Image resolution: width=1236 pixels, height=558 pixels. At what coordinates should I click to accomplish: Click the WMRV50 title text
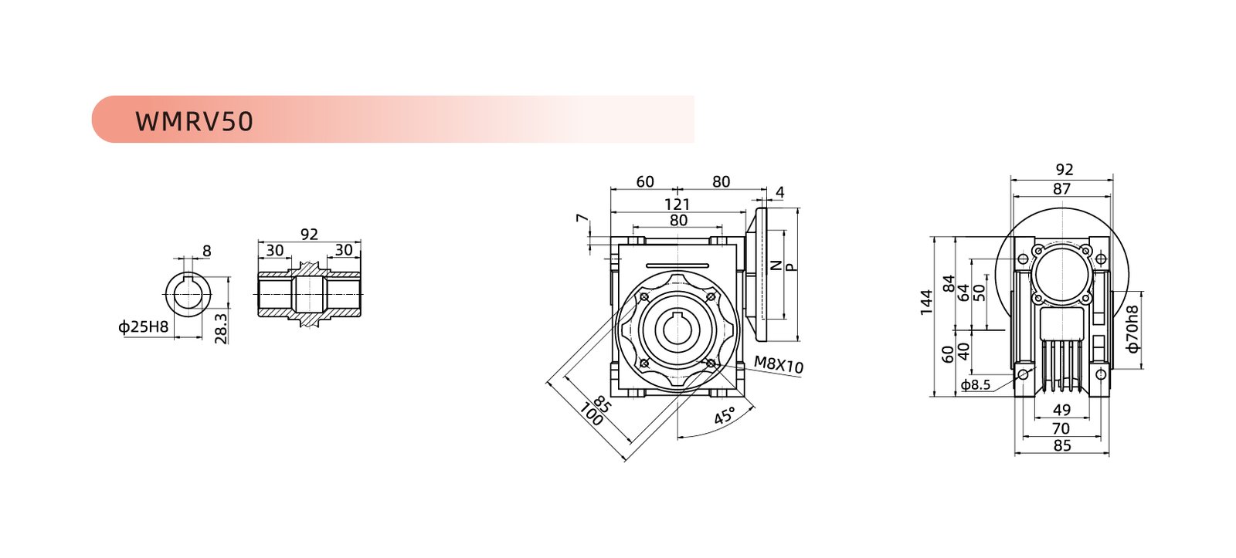click(x=194, y=121)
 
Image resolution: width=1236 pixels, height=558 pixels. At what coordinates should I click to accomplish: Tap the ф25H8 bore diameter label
click(x=143, y=327)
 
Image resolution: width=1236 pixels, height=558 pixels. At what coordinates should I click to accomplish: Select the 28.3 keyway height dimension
click(x=221, y=328)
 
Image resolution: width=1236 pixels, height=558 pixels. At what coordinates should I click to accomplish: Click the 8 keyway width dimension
click(x=206, y=251)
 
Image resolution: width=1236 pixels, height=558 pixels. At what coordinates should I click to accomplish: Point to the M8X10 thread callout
click(x=779, y=364)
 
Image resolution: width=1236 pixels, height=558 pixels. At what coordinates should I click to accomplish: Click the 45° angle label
click(x=725, y=416)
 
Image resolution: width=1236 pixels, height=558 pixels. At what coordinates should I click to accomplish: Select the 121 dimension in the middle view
click(x=677, y=205)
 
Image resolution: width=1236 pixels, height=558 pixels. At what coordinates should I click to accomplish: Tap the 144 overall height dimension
click(x=926, y=303)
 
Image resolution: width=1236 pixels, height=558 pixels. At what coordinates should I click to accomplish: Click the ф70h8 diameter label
click(x=1132, y=330)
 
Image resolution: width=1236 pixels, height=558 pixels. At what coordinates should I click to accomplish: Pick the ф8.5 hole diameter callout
click(x=976, y=385)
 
